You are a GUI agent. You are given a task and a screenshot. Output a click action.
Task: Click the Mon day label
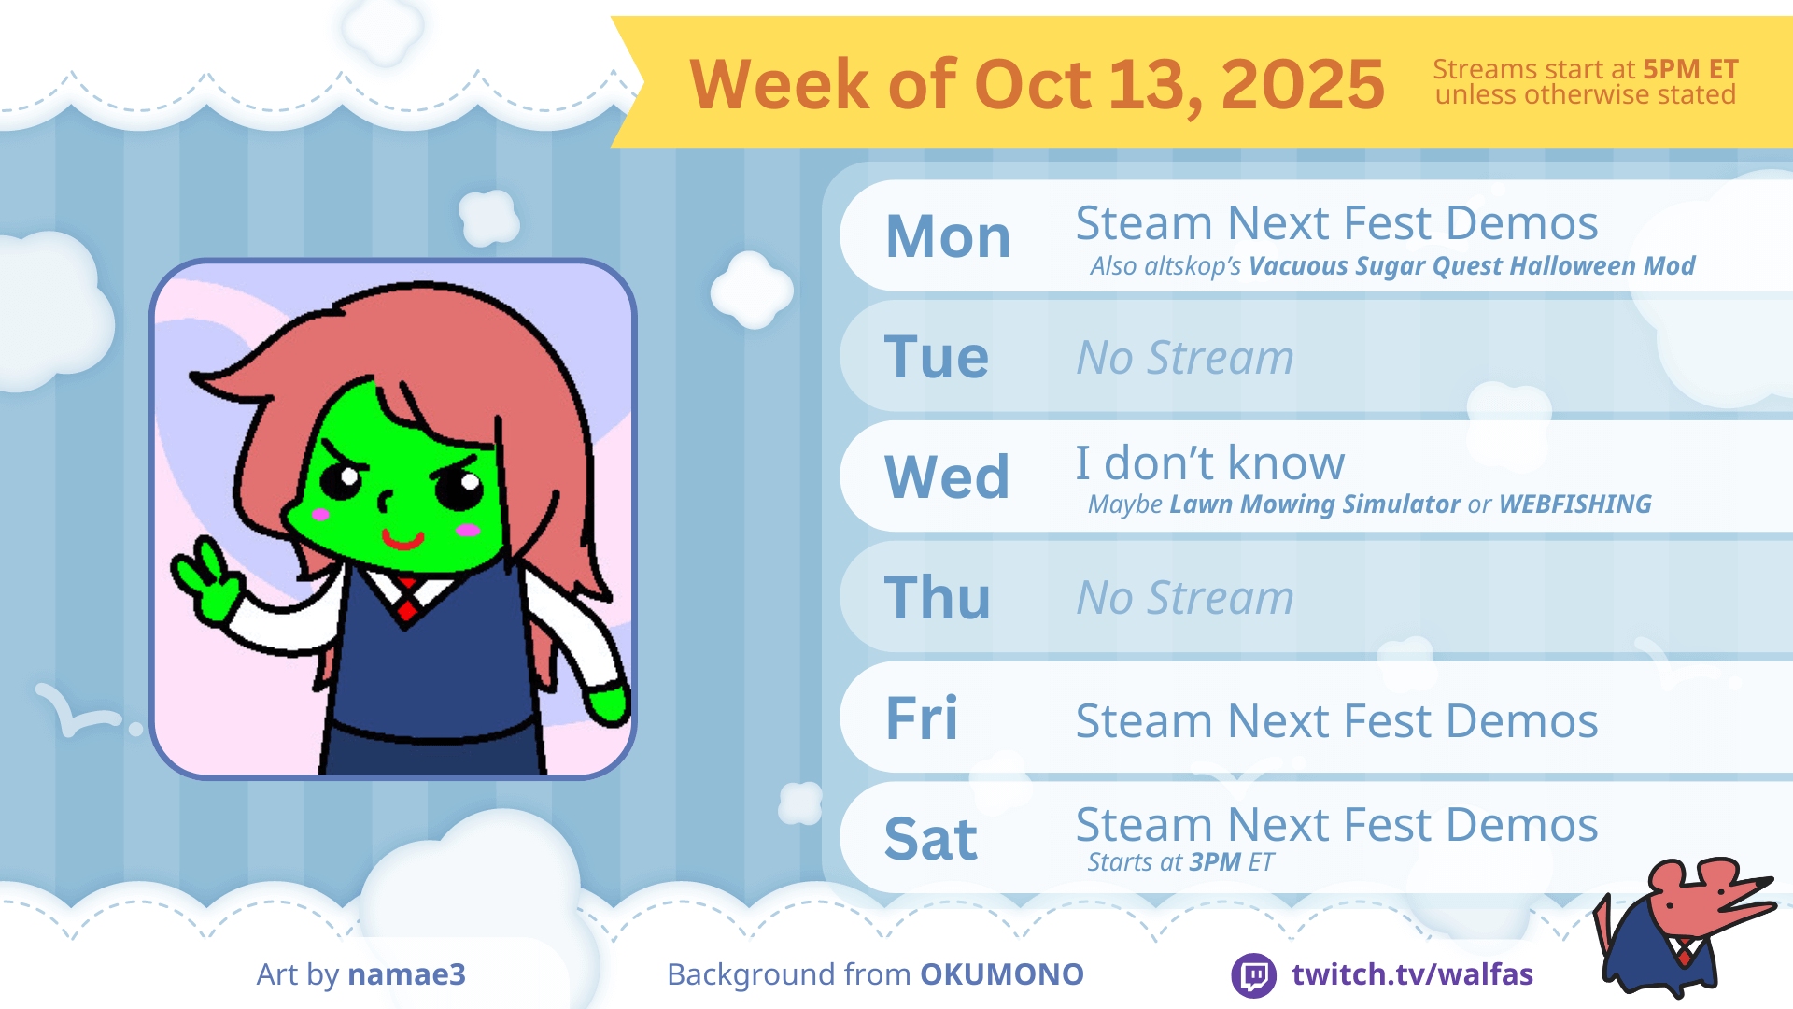coord(948,236)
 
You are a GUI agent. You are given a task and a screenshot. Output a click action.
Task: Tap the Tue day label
coord(937,357)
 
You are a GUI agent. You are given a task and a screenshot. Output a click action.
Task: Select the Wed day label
coord(947,476)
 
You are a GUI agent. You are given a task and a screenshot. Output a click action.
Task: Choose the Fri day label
coord(922,718)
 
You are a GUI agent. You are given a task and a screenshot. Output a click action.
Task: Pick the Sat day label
coord(931,838)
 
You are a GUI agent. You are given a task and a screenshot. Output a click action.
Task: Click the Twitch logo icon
coord(1253,975)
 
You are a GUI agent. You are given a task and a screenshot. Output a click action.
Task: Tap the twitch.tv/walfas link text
coord(1412,974)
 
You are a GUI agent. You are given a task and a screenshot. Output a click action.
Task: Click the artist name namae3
coord(406,974)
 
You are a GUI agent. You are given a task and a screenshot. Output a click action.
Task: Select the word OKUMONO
coord(1002,974)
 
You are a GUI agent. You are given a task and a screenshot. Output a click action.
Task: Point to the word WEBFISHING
coord(1575,504)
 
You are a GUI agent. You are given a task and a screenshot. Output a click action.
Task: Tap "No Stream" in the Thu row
coord(1185,597)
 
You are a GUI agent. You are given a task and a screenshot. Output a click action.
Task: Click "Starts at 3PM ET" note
coord(1180,861)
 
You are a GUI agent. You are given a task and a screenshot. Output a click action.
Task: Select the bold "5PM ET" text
coord(1690,69)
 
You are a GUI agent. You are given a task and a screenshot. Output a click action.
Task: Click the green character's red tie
coord(407,600)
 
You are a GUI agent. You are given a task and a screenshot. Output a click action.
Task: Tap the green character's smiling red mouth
coord(402,539)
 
